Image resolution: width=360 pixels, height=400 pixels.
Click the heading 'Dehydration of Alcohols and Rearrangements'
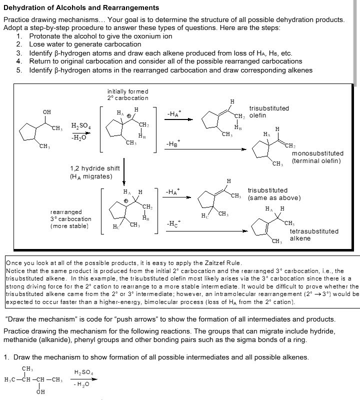coord(81,8)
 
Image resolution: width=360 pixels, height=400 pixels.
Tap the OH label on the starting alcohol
coord(46,111)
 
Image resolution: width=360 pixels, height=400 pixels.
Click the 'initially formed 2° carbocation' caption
coord(128,94)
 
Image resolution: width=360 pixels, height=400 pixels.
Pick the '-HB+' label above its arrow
coord(173,143)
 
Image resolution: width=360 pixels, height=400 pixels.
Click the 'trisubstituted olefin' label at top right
coord(269,111)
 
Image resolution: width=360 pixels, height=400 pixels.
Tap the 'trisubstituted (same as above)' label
coord(274,194)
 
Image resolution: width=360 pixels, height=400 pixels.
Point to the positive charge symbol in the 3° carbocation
coord(126,201)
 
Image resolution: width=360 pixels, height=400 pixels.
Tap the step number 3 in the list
coord(19,53)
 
